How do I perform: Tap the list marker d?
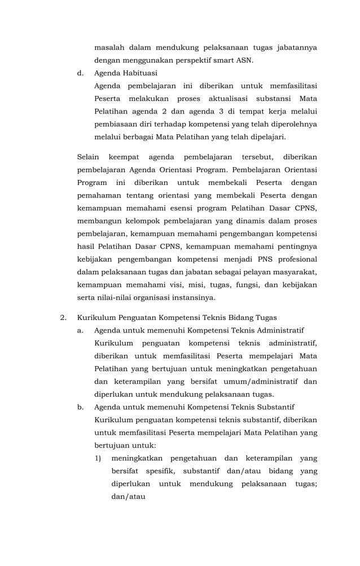[x=80, y=73]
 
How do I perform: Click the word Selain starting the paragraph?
[x=87, y=156]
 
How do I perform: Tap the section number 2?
[x=63, y=318]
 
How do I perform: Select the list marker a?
[x=80, y=330]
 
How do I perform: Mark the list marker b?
[x=80, y=407]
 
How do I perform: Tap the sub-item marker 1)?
[x=98, y=458]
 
